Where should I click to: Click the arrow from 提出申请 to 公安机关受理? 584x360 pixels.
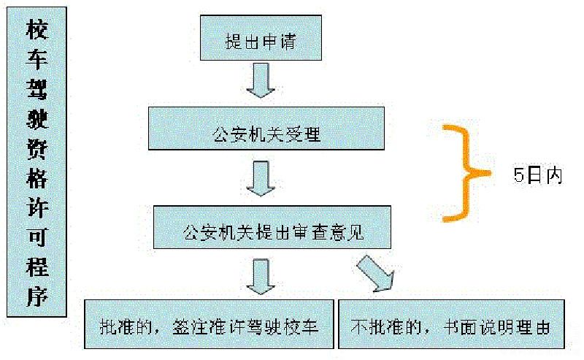coord(260,80)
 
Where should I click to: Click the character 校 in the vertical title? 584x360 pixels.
coord(36,31)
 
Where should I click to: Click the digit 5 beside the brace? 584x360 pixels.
coord(518,176)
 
